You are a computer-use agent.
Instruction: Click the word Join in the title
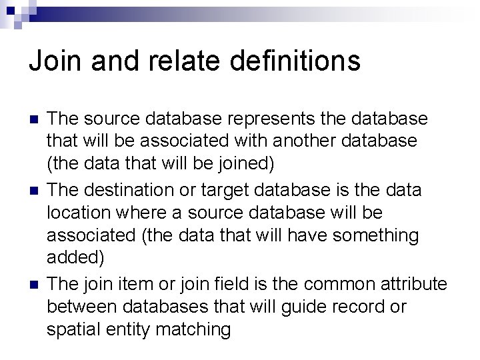tap(53, 61)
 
